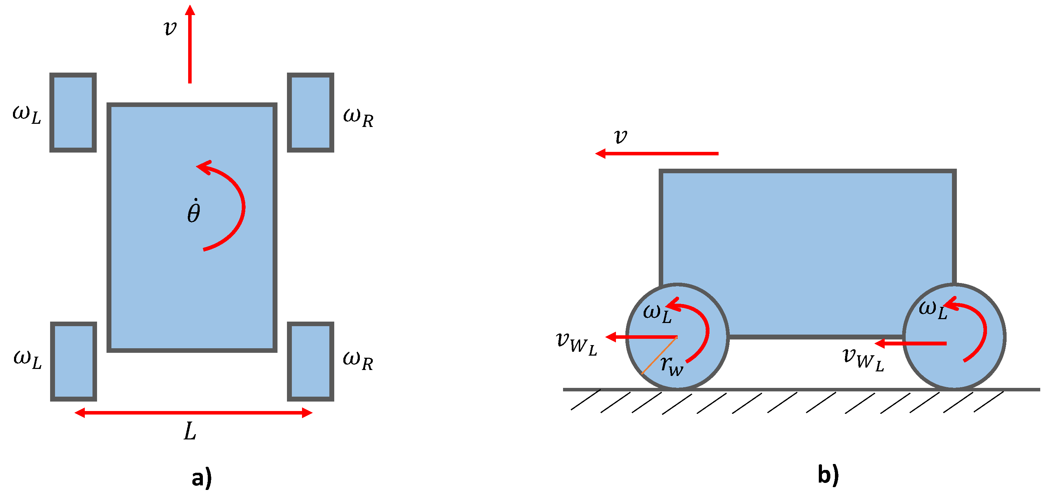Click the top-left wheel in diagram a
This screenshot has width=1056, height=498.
tap(73, 112)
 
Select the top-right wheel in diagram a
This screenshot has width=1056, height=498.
tap(310, 112)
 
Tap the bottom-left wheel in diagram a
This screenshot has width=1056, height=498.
tap(73, 361)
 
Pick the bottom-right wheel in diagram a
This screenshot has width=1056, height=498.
tap(310, 361)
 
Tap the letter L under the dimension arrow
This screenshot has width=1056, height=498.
tap(190, 432)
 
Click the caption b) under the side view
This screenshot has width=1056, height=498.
tap(828, 475)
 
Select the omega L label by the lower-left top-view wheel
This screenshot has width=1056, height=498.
tap(27, 359)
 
